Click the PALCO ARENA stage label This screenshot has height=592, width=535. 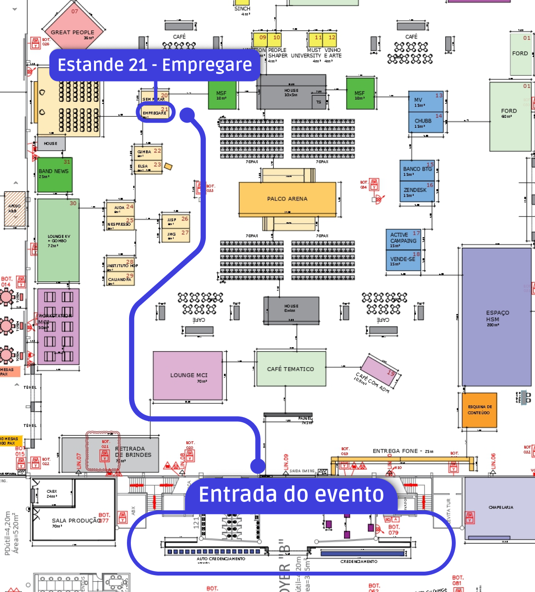point(287,199)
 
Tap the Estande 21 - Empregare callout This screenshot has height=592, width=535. point(155,65)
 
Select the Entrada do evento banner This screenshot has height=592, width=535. point(291,494)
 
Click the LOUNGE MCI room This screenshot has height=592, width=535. point(188,375)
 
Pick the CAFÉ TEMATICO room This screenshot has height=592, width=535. point(291,369)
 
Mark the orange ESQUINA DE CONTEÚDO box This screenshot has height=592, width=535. point(479,410)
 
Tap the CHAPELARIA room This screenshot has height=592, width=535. point(500,508)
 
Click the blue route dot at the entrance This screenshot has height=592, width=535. point(258,466)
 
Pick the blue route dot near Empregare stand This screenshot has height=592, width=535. point(187,115)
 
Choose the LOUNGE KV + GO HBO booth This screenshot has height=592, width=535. point(58,240)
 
